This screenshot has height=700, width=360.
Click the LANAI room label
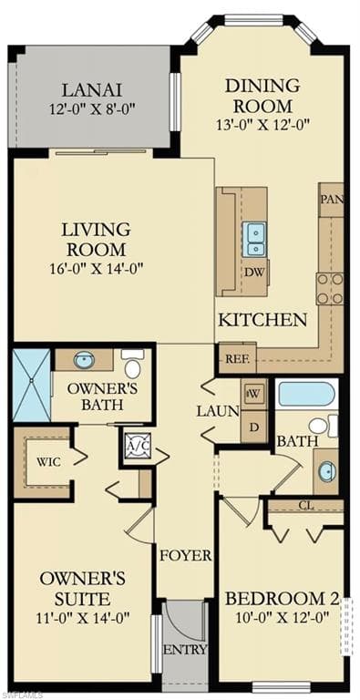pos(91,90)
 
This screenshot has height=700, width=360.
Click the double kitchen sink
pos(254,240)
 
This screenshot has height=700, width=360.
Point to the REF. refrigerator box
pos(237,358)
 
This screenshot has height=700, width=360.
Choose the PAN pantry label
pos(332,200)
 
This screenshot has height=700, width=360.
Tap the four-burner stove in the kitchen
pos(330,288)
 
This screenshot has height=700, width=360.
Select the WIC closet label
pos(49,461)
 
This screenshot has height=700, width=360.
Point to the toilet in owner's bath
pos(132,364)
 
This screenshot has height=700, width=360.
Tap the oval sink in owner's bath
pos(84,360)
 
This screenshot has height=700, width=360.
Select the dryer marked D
pos(254,427)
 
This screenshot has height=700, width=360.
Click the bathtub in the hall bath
pos(306,394)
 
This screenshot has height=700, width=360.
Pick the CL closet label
pos(306,506)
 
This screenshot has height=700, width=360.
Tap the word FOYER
pos(186,555)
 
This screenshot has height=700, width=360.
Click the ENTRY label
pos(185,649)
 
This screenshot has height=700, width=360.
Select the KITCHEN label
pos(263,320)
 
